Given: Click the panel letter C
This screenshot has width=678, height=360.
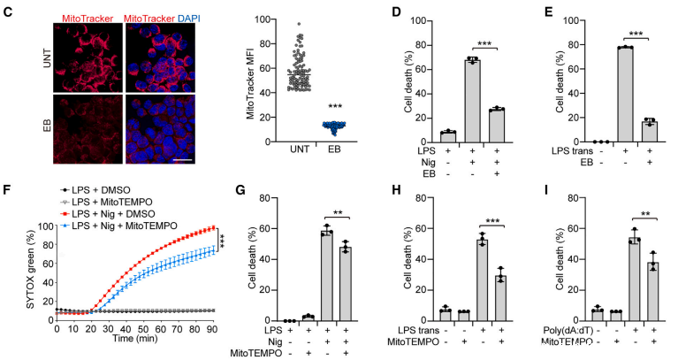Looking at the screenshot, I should [8, 11].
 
